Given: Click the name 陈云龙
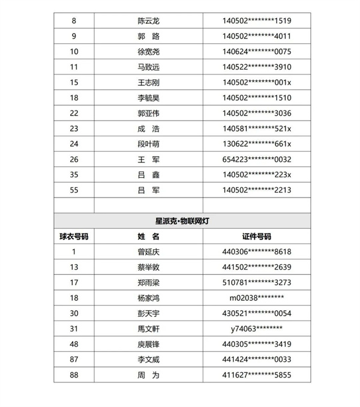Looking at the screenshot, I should click(x=148, y=21).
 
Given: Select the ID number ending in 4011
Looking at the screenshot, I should click(x=257, y=36).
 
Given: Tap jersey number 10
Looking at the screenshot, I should click(x=74, y=52).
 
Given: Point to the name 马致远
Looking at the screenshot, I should click(x=148, y=67).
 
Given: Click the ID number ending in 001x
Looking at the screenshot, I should click(x=257, y=82).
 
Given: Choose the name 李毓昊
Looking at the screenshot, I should click(x=148, y=97).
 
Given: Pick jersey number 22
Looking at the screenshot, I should click(x=74, y=113).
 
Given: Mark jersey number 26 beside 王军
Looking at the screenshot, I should click(x=74, y=159).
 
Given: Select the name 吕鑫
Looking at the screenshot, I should click(x=148, y=174).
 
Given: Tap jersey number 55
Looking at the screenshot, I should click(x=74, y=190).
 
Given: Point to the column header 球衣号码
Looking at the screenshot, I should click(x=74, y=237).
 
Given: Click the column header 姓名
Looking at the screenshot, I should click(x=148, y=237).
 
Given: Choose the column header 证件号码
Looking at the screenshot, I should click(x=257, y=237).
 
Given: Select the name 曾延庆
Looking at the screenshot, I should click(x=148, y=252).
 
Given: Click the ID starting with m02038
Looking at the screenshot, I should click(x=257, y=298).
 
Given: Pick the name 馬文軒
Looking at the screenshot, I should click(x=148, y=328).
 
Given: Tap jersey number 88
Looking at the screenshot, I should click(x=74, y=375).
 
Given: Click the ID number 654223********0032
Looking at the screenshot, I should click(x=257, y=159).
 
